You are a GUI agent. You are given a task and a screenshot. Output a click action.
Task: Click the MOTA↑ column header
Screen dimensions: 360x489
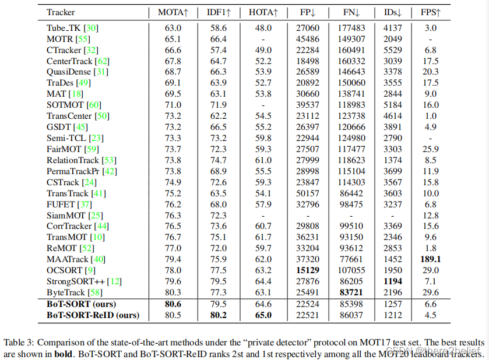[x=174, y=12]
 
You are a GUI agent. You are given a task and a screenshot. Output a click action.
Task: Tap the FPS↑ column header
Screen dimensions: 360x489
[x=430, y=12]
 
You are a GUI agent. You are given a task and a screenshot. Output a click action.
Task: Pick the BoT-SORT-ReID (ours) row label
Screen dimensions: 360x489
[x=93, y=315]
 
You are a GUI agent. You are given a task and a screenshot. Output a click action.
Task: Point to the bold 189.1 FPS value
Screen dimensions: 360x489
[x=430, y=259]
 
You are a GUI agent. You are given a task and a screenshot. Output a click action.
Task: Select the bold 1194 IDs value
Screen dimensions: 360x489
[x=392, y=281]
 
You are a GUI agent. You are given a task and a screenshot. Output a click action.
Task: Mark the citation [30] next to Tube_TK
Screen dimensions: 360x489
[x=91, y=27]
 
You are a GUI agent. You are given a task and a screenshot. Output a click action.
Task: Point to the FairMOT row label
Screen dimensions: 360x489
[x=60, y=149]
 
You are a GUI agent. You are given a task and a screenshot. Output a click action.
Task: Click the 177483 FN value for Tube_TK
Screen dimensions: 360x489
[x=351, y=27]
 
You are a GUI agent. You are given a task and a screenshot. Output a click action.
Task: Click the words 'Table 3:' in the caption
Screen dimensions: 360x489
[x=19, y=342]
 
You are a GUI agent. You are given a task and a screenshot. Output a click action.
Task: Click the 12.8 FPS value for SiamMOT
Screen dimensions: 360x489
[x=430, y=216]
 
